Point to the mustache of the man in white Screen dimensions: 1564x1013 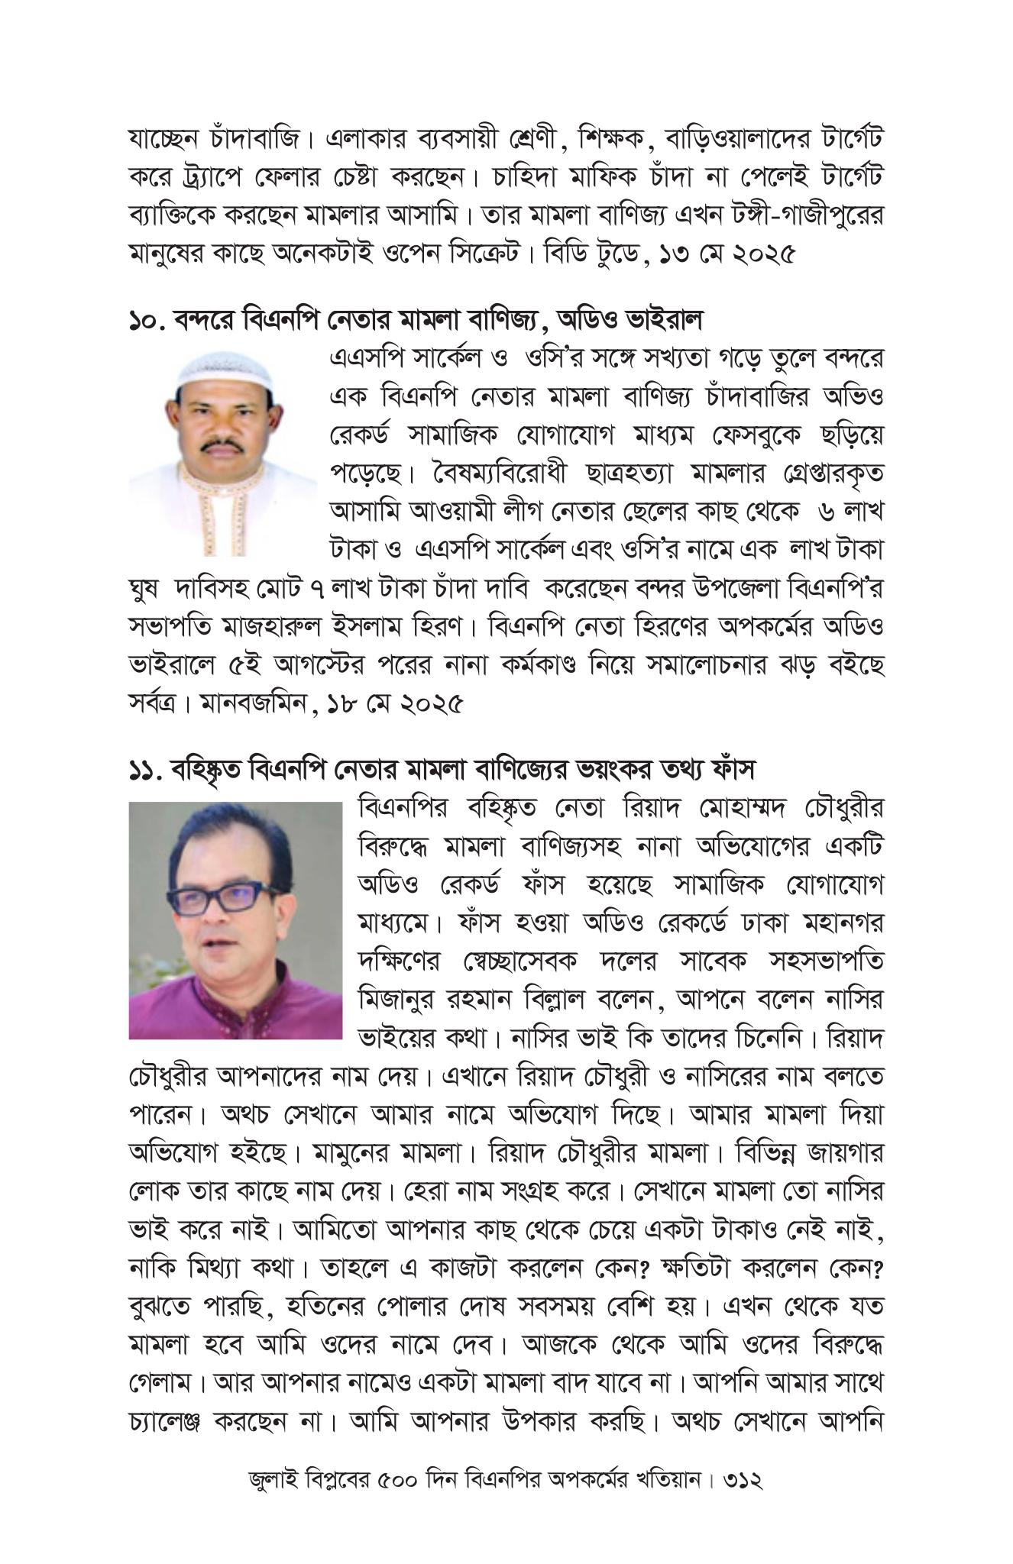(x=223, y=444)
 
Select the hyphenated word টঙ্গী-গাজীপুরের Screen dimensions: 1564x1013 (x=794, y=215)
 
